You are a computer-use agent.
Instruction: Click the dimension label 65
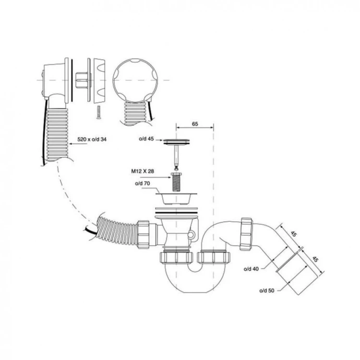[x=195, y=124]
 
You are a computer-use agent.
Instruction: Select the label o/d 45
[x=146, y=139]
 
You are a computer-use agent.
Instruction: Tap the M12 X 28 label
[x=143, y=171]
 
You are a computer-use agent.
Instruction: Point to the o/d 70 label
[x=143, y=183]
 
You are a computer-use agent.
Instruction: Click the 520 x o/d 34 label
[x=92, y=139]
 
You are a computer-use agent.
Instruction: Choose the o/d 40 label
[x=251, y=269]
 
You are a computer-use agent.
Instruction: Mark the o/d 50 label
[x=267, y=290]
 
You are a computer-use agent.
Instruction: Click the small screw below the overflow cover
[x=98, y=112]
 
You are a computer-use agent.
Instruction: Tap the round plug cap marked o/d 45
[x=176, y=142]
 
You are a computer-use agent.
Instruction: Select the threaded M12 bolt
[x=177, y=182]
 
